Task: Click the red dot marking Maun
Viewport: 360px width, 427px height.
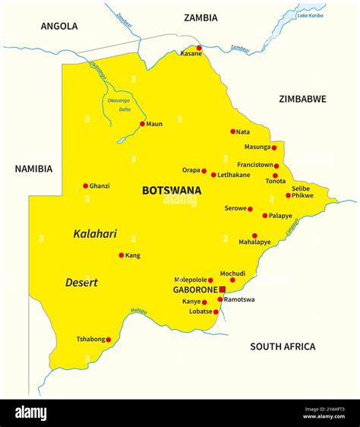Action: tap(142, 124)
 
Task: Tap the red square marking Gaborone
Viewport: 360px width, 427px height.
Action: tap(223, 290)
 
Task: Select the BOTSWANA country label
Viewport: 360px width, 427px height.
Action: tap(172, 191)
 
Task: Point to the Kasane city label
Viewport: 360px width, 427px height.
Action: tap(191, 54)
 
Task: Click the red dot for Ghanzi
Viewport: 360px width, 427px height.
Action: tap(85, 185)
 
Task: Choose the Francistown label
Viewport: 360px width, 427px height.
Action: tap(254, 164)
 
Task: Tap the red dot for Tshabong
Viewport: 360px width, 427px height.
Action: tap(108, 340)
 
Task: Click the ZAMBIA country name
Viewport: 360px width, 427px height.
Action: tap(201, 17)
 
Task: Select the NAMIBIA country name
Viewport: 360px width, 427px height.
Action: tap(33, 169)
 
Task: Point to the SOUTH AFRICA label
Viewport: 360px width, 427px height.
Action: tap(283, 346)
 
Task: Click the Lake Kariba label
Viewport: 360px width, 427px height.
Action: tap(310, 15)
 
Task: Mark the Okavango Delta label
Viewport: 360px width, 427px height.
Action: tap(118, 105)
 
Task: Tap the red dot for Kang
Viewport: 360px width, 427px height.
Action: tap(121, 255)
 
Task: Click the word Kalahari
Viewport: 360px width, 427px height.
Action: tap(95, 234)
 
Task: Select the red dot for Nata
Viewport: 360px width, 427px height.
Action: tap(232, 131)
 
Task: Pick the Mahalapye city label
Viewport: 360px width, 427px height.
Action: tap(254, 242)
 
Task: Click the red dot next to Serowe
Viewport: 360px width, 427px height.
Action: tap(250, 209)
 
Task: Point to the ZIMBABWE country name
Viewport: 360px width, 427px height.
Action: tap(302, 99)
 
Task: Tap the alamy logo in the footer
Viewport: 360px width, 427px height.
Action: tap(30, 413)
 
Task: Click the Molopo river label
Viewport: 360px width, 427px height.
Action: tap(139, 310)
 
